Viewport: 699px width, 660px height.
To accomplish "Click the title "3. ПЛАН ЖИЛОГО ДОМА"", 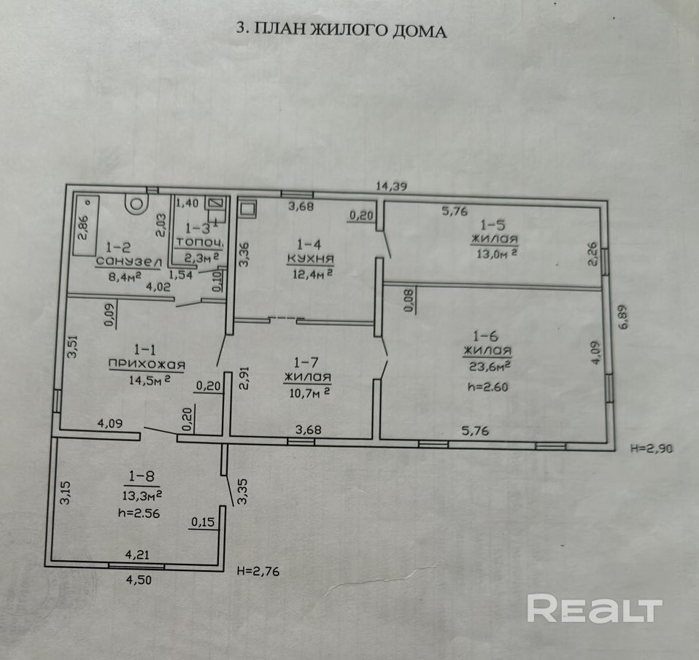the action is point(341,30).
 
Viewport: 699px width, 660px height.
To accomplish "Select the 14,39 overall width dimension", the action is point(391,186).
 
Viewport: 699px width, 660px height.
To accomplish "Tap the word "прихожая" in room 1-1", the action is point(146,365).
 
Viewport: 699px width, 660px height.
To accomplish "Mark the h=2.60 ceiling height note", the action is point(487,387).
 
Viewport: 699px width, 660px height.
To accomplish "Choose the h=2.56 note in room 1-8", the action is point(139,512).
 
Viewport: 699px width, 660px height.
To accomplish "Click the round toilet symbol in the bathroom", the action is point(136,202).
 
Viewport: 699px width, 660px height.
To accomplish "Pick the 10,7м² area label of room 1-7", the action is point(309,392).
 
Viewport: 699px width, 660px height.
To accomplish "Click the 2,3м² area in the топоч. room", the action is point(199,257).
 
